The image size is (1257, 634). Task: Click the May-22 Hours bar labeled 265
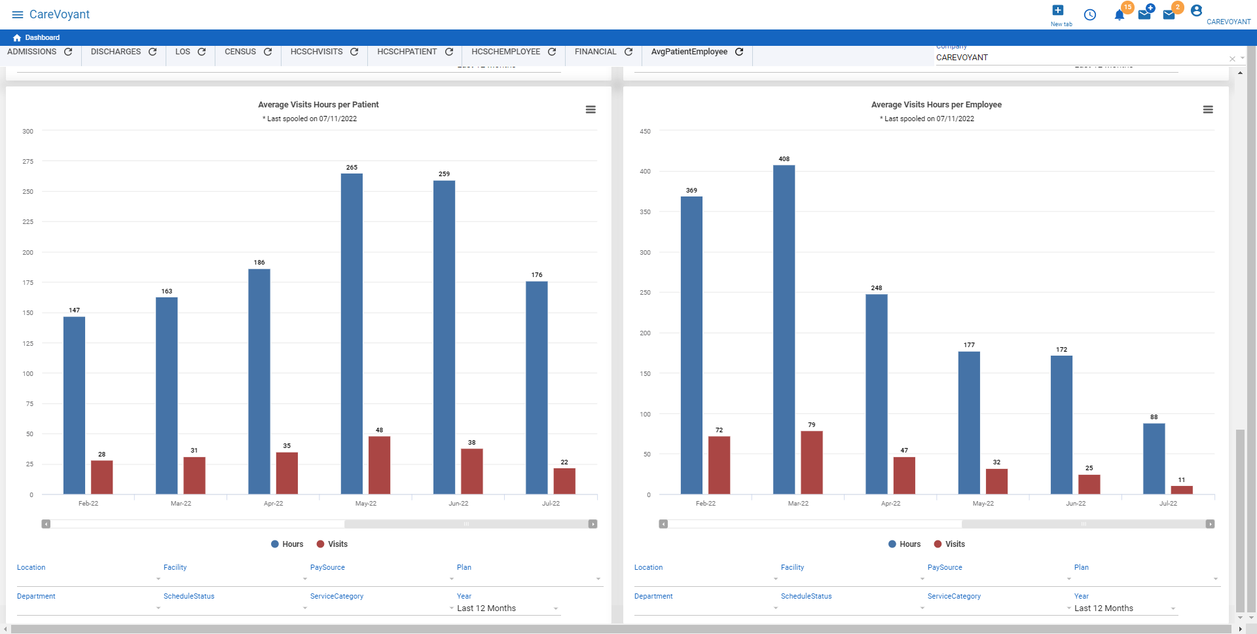coord(352,333)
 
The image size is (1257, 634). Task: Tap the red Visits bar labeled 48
coord(379,465)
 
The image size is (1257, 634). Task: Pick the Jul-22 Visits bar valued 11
coord(1181,490)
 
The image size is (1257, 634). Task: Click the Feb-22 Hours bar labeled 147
coord(74,405)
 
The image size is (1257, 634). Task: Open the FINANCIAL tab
coord(595,52)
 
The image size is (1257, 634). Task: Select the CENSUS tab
coord(240,52)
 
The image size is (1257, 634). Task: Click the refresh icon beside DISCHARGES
coord(153,52)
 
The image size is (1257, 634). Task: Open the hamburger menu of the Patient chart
coord(591,109)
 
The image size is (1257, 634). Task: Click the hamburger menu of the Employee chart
coord(1208,109)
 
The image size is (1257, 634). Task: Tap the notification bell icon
coord(1120,15)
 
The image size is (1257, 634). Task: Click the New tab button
coord(1058,14)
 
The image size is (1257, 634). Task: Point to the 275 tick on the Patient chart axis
coord(27,162)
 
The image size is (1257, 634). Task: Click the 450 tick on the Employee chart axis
coord(645,132)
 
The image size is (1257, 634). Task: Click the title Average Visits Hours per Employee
coord(936,105)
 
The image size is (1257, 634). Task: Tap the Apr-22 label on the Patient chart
coord(273,504)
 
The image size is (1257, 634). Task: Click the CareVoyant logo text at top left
coord(60,14)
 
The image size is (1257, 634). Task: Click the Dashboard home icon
coord(17,38)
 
